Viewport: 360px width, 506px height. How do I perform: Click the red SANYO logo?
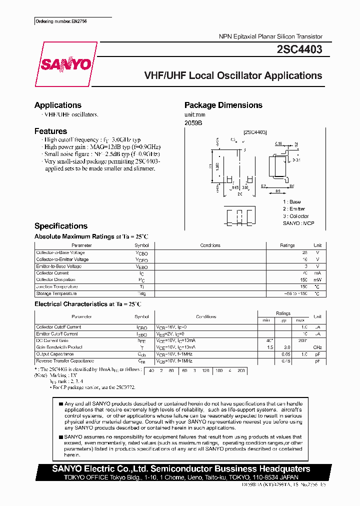click(x=66, y=64)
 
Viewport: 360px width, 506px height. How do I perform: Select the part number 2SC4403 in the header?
click(x=299, y=49)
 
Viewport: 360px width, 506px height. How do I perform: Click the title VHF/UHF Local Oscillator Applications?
click(x=233, y=76)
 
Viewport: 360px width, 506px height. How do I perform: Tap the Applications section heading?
click(x=58, y=105)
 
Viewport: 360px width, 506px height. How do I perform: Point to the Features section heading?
click(x=50, y=131)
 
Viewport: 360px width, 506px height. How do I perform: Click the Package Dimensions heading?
click(x=223, y=105)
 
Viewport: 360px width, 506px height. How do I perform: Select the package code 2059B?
click(x=193, y=123)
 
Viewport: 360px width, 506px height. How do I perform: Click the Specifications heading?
click(x=61, y=226)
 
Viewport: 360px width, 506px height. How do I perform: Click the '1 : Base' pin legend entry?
click(x=292, y=201)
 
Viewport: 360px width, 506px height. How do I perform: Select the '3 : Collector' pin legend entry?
click(x=296, y=216)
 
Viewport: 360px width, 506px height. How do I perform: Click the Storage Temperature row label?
click(x=56, y=293)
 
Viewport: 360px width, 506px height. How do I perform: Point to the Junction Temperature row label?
click(x=57, y=286)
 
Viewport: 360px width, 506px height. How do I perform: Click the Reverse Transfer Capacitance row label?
click(x=65, y=360)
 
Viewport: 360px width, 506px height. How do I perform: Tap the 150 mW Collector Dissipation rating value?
click(x=303, y=280)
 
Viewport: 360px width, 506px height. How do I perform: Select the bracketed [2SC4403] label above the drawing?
click(x=255, y=132)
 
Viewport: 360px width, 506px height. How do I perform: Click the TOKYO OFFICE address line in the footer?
click(x=182, y=477)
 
